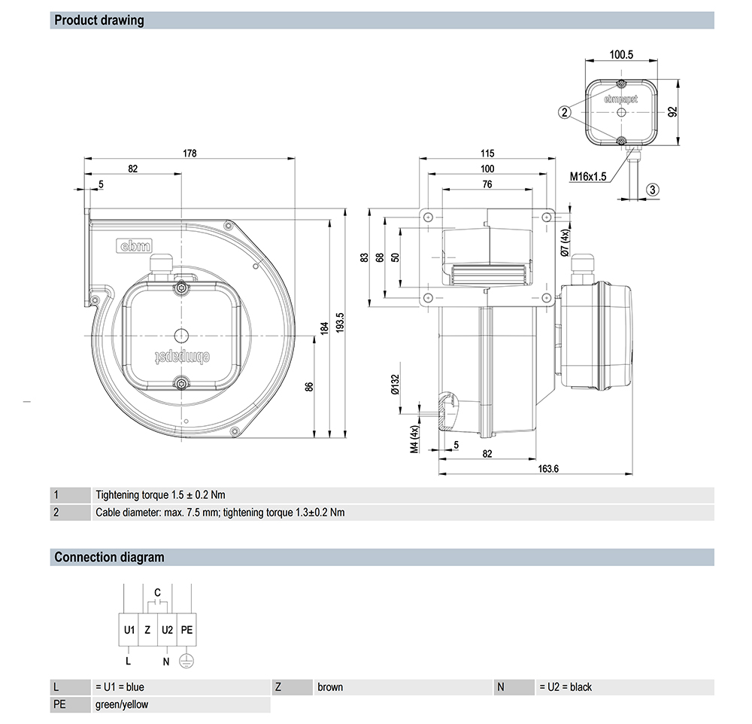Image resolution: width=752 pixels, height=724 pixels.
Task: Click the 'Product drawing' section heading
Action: coord(99,20)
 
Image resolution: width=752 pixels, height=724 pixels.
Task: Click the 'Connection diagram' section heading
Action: coord(109,558)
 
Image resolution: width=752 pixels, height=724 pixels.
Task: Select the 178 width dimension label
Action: coord(190,153)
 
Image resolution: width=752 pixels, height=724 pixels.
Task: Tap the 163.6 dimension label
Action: coord(548,468)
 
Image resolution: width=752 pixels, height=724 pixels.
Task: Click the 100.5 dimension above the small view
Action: coord(621,54)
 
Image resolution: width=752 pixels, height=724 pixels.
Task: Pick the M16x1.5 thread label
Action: coord(588,177)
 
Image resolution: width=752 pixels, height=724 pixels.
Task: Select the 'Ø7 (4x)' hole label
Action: coord(566,243)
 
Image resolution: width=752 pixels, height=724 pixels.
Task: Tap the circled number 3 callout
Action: coord(653,190)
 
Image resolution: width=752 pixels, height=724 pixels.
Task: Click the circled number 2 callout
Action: coord(564,112)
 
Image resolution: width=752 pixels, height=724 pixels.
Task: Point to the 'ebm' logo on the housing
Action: coord(135,245)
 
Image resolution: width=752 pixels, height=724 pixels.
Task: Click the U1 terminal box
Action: coord(129,629)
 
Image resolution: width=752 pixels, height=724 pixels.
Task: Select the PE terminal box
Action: coord(186,629)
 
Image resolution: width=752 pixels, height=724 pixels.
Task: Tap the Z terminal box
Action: coord(147,629)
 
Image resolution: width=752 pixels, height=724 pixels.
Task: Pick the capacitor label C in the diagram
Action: coord(157,593)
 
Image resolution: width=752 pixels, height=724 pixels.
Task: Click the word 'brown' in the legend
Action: coord(330,687)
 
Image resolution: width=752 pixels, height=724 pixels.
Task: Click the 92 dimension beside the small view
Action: coord(673,111)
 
